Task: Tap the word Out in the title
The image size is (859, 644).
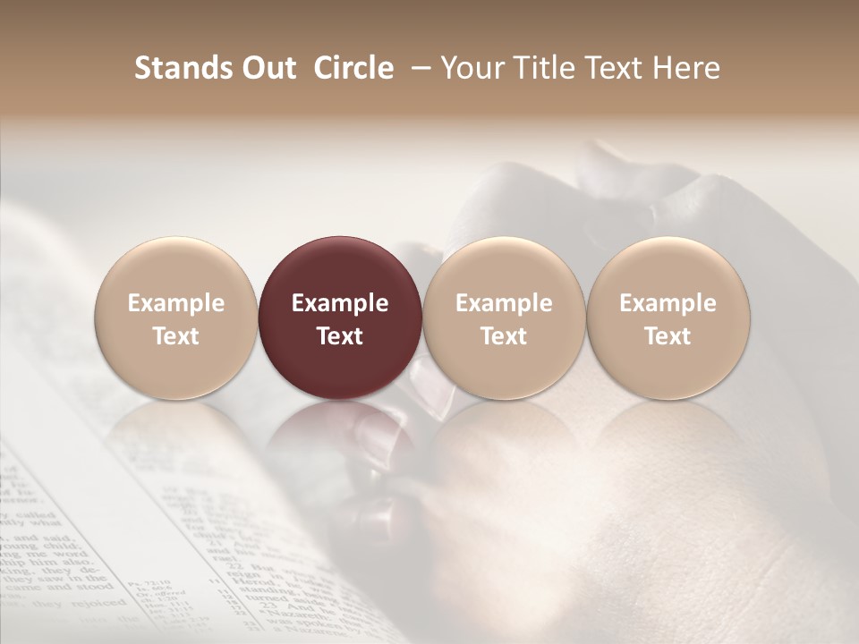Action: (266, 68)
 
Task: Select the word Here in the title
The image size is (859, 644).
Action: (686, 68)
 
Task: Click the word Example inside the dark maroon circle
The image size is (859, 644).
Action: (340, 303)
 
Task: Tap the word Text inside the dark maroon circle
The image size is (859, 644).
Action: (340, 336)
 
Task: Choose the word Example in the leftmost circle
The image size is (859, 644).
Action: (176, 303)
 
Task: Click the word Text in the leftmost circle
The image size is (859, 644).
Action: (176, 336)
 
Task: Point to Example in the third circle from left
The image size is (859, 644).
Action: (504, 303)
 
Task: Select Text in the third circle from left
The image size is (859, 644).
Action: (504, 336)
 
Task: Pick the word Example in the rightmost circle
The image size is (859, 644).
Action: (668, 303)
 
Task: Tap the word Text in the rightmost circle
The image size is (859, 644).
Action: (668, 336)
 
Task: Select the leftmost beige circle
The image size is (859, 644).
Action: (176, 268)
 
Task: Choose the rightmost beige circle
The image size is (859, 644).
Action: (668, 268)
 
